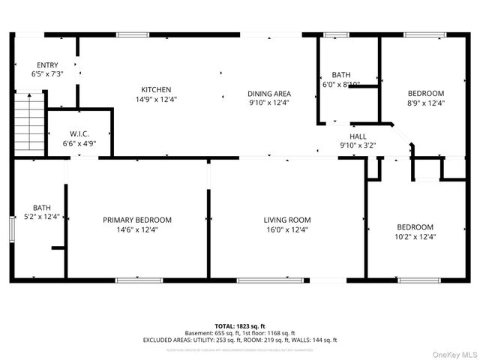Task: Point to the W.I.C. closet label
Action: tap(79, 133)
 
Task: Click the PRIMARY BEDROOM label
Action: tap(137, 220)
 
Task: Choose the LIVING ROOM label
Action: tap(287, 220)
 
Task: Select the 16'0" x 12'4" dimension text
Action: tap(287, 229)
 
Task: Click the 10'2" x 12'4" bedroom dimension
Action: tap(415, 236)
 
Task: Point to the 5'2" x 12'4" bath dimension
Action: tap(41, 217)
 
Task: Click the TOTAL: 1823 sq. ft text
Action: tap(240, 326)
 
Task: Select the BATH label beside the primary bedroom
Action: tap(41, 208)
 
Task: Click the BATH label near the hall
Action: tap(341, 75)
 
